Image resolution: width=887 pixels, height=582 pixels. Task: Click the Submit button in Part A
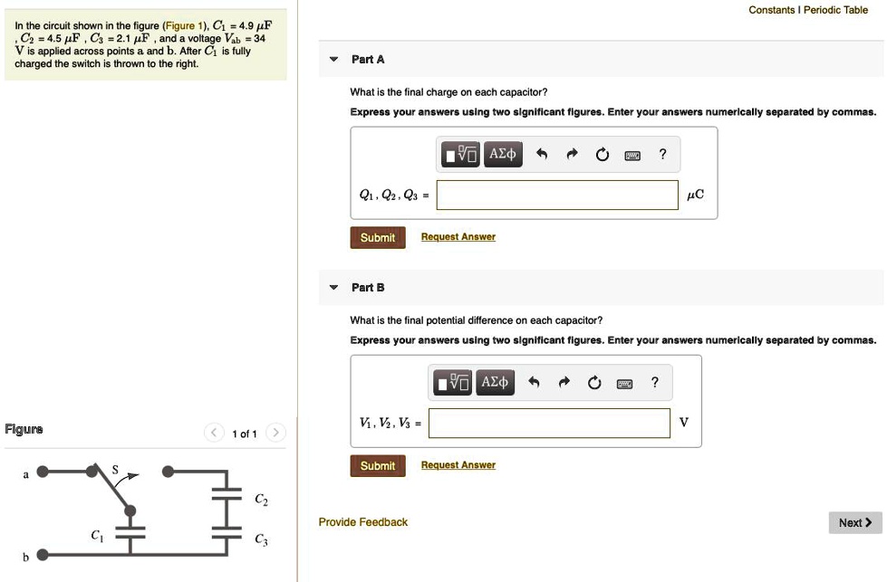[377, 237]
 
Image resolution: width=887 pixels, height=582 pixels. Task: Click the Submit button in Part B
[377, 465]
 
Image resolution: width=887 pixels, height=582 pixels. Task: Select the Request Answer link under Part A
[458, 237]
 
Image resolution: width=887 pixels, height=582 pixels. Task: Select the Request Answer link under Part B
[458, 465]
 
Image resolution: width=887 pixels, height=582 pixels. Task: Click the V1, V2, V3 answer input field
[549, 423]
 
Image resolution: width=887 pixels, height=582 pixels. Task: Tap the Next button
[854, 522]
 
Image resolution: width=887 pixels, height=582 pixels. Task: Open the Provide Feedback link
[363, 522]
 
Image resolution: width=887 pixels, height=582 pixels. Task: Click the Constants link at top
[771, 10]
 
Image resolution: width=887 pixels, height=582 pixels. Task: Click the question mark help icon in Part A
[662, 155]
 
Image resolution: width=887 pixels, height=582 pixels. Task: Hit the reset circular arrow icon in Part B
[593, 383]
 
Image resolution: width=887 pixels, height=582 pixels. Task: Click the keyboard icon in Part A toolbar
[632, 155]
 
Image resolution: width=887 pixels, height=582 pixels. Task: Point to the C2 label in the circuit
[261, 501]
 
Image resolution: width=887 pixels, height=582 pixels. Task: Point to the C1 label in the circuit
[98, 536]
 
